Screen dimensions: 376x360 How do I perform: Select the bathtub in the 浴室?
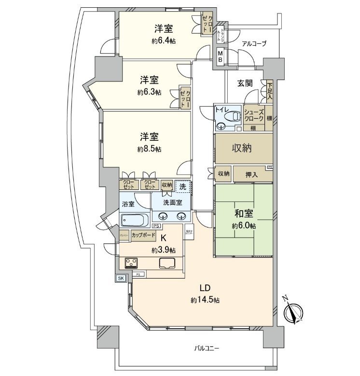(x=135, y=221)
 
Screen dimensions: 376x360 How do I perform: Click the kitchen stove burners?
(x=131, y=263)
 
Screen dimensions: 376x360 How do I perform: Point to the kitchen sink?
(x=167, y=263)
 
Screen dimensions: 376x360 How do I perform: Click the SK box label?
(x=121, y=278)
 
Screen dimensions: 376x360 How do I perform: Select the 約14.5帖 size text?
(x=205, y=300)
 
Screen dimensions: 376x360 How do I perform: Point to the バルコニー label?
(x=207, y=348)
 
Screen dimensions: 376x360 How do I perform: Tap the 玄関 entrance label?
(x=245, y=83)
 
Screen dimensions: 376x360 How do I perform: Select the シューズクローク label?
(x=253, y=115)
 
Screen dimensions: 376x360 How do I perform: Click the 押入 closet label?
(x=251, y=174)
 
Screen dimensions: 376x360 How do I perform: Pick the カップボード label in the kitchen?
(x=143, y=235)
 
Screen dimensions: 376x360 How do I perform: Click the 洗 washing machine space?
(x=182, y=186)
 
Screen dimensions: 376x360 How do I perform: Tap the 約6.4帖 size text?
(x=164, y=41)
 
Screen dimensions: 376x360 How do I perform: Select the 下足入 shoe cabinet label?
(x=269, y=91)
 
